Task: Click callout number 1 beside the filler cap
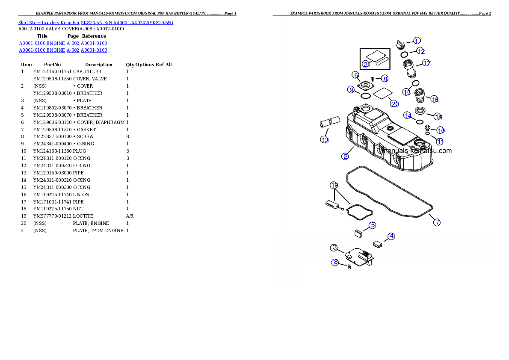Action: (417, 41)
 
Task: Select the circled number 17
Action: (426, 63)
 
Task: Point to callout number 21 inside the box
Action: (366, 64)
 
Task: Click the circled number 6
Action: (355, 75)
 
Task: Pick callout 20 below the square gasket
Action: (394, 103)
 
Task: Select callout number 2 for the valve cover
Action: (345, 156)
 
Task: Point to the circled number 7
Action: (436, 222)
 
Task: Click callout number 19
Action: (334, 185)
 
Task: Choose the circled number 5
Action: (373, 225)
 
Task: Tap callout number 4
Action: (391, 236)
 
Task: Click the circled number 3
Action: (334, 248)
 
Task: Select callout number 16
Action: (435, 99)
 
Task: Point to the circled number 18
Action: (438, 116)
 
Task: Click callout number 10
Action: (441, 130)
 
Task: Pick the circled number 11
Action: (440, 142)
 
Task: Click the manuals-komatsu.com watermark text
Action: (417, 150)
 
